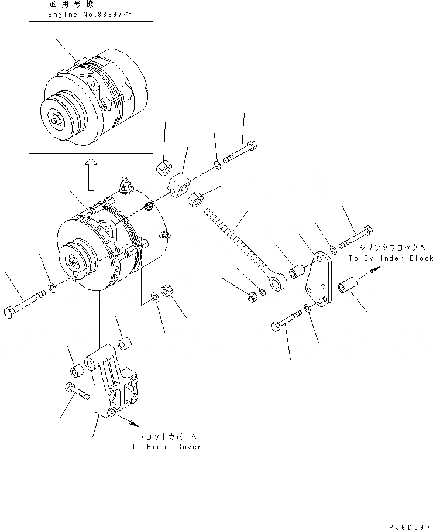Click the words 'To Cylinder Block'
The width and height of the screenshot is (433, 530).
pyautogui.click(x=391, y=258)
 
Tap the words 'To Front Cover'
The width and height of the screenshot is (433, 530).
pyautogui.click(x=166, y=446)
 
